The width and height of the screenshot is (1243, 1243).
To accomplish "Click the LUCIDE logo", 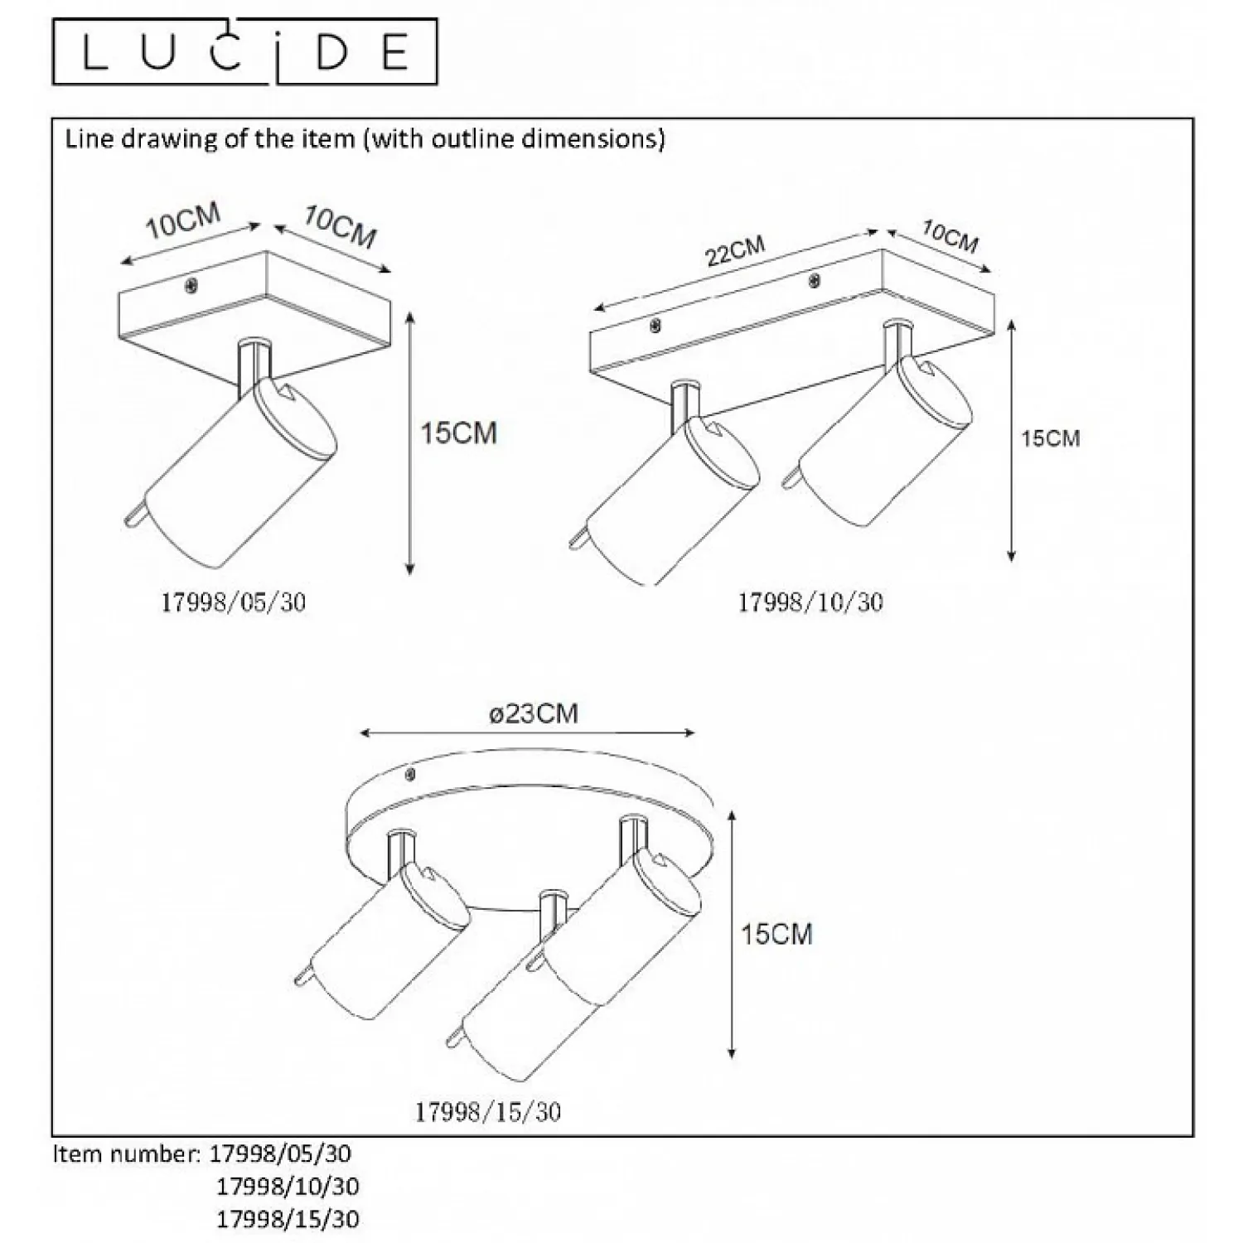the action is point(245,51).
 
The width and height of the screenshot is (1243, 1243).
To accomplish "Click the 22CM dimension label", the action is point(735,251).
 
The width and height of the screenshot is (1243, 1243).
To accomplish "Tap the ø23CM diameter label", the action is point(533,713).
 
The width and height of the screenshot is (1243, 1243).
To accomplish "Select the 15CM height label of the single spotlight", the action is point(458,433).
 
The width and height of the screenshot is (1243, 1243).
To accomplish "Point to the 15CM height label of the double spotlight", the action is point(1051,438).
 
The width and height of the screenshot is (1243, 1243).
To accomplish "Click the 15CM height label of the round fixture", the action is point(776,934).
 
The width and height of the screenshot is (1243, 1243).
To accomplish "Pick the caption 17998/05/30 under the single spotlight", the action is point(233,602).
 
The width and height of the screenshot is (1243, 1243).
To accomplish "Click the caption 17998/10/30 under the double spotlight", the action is point(810,602).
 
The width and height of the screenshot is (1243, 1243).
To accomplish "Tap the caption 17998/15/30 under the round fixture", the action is point(488,1112).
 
